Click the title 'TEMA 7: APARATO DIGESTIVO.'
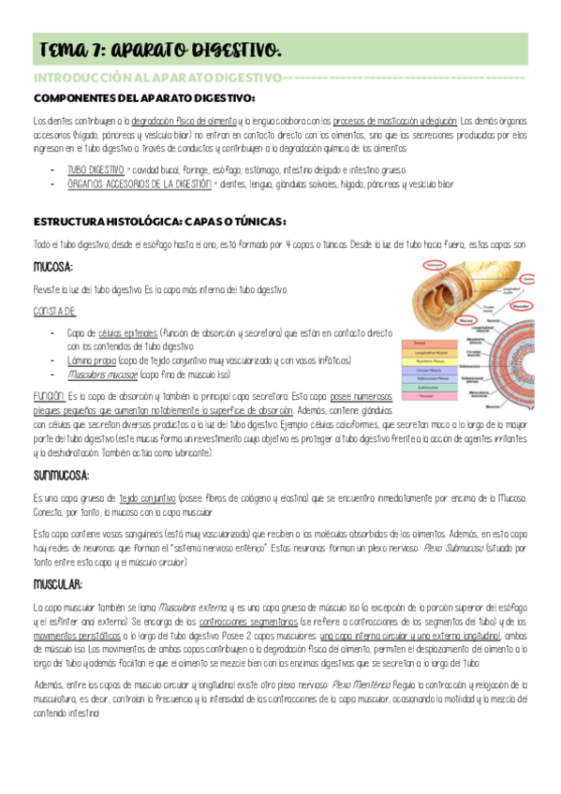[x=159, y=48]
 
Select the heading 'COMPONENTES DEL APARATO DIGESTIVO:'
[x=144, y=98]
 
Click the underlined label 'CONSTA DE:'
[x=54, y=310]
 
